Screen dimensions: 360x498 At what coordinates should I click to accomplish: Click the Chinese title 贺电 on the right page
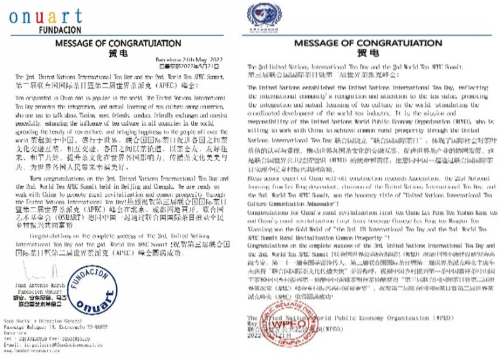373,54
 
